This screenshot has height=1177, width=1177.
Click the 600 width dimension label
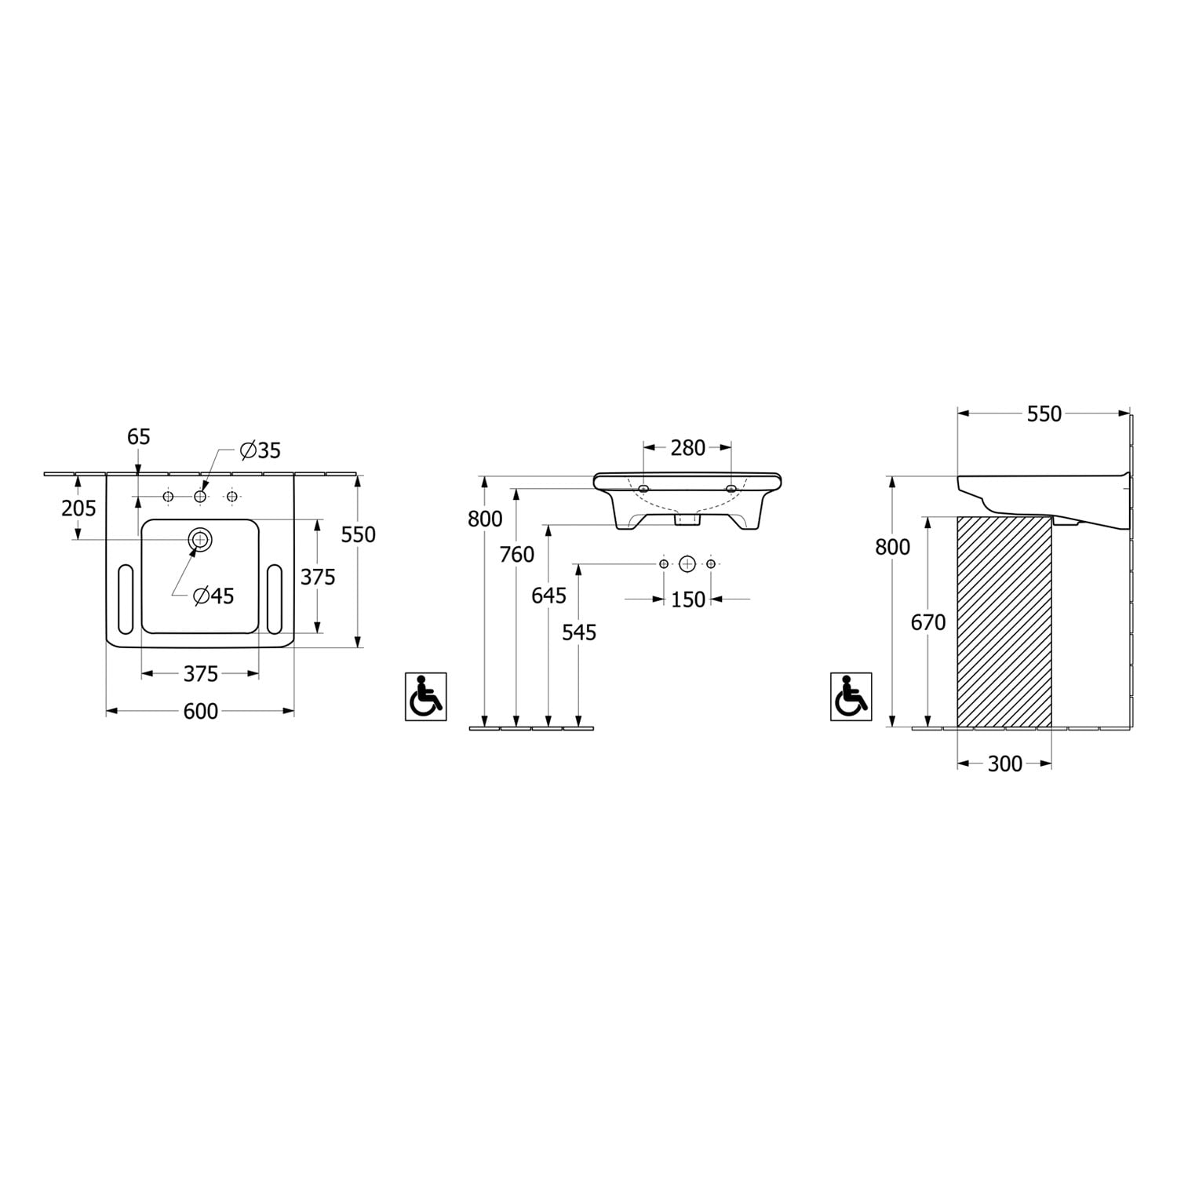point(200,711)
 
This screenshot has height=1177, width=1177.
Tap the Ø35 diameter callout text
point(261,450)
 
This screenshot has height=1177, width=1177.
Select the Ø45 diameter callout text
point(214,596)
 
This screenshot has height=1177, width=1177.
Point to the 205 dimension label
point(78,508)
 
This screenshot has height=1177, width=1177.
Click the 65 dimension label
point(138,436)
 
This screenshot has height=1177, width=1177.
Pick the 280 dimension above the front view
point(688,448)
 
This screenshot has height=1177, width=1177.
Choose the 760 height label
point(517,555)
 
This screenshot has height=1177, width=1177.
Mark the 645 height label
point(548,596)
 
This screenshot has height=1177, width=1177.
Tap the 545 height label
point(579,632)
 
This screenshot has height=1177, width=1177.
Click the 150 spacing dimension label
point(688,599)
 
